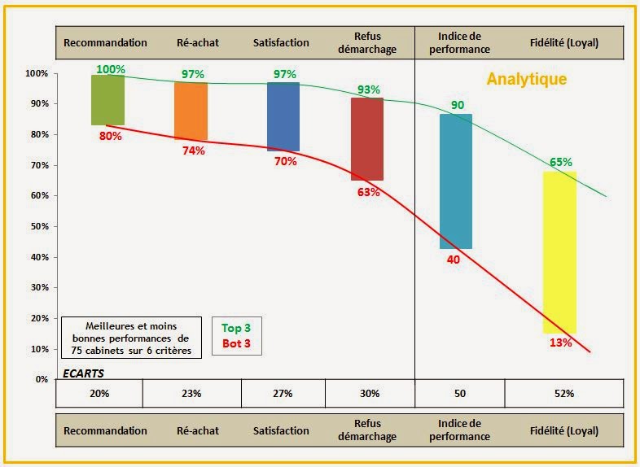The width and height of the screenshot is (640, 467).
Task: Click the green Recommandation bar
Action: pos(108,99)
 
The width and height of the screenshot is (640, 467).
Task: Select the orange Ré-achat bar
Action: pos(191,111)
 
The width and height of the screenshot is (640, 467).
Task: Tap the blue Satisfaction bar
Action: pos(283,116)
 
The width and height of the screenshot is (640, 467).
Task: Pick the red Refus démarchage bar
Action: pos(367,138)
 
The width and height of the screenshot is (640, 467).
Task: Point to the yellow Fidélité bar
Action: pos(560,252)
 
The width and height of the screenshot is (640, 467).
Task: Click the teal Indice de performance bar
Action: pos(455,181)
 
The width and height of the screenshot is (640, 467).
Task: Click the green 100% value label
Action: pos(111,69)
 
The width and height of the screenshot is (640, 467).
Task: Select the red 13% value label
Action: pos(560,343)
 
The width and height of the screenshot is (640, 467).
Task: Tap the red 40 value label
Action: pos(454,259)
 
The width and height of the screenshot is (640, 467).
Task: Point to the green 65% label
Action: pos(560,162)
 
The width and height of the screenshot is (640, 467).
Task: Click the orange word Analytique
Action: pos(526,80)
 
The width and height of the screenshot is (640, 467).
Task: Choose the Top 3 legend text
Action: pos(236,328)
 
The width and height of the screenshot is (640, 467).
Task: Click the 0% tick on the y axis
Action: pos(40,379)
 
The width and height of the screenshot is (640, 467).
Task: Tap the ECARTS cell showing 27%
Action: pos(283,393)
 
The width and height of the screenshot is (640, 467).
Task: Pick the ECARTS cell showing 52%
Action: pos(563,393)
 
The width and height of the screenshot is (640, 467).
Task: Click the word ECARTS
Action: pos(83,373)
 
